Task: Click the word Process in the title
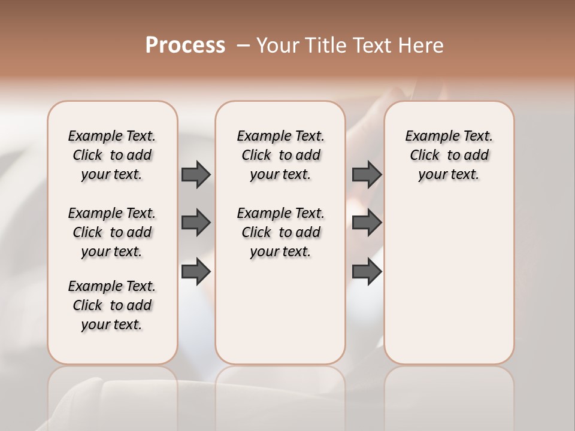185,45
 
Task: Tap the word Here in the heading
422,45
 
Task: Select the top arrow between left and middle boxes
196,174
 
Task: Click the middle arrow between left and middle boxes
196,223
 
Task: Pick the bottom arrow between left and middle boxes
196,272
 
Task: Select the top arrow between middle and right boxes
367,174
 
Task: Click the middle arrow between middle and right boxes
367,223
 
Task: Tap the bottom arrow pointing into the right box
367,272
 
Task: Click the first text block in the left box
112,155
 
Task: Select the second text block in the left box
112,232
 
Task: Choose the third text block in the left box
112,305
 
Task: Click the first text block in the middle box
280,155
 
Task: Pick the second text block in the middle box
280,232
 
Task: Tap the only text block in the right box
449,155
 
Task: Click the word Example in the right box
429,136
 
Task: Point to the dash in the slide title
243,45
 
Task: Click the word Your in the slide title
277,45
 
